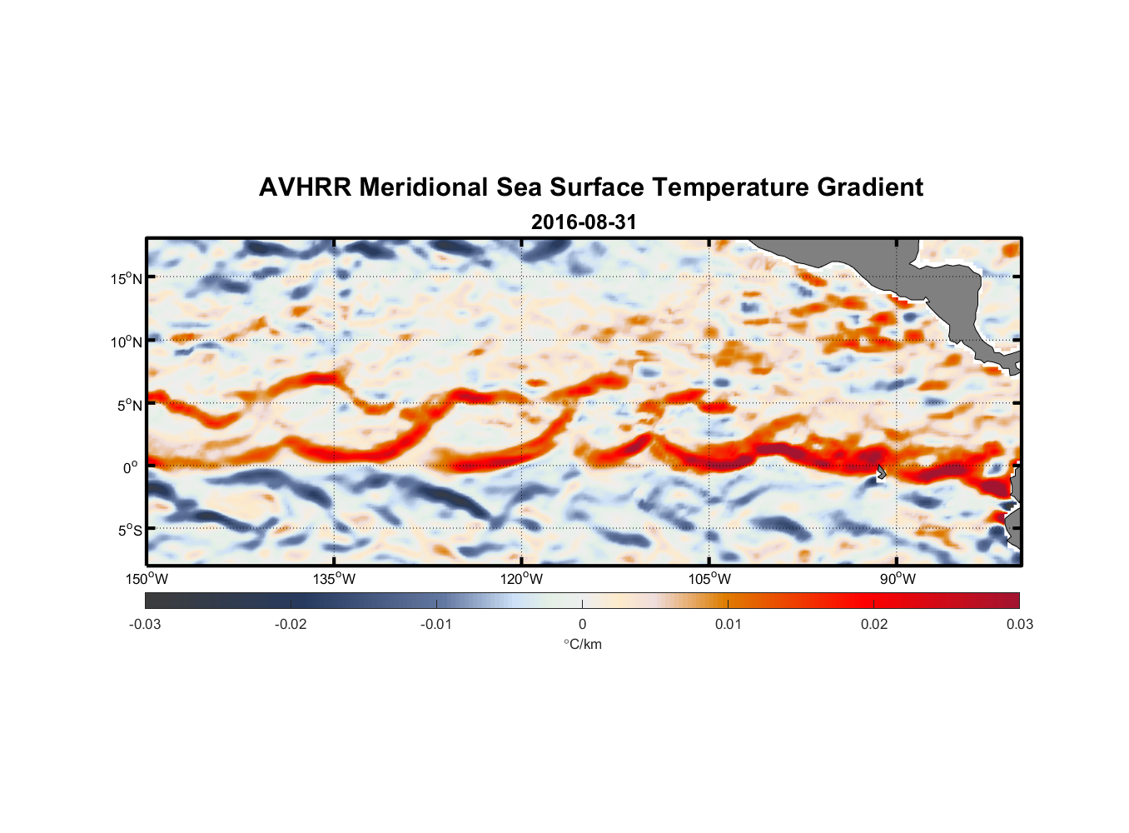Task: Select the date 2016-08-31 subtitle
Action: point(584,222)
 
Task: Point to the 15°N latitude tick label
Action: point(127,278)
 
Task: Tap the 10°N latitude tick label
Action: point(127,342)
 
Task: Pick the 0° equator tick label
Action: point(131,467)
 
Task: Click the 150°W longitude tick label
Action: point(147,579)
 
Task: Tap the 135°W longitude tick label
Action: point(335,579)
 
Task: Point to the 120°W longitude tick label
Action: point(522,579)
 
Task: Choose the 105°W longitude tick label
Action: point(709,579)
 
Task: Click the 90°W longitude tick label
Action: point(898,579)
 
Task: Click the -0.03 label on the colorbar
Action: point(145,624)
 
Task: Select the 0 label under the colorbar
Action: point(582,624)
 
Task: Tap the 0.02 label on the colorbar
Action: point(874,624)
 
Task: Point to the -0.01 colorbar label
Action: point(436,624)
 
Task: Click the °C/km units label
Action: point(583,644)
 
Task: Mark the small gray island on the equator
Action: point(882,471)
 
